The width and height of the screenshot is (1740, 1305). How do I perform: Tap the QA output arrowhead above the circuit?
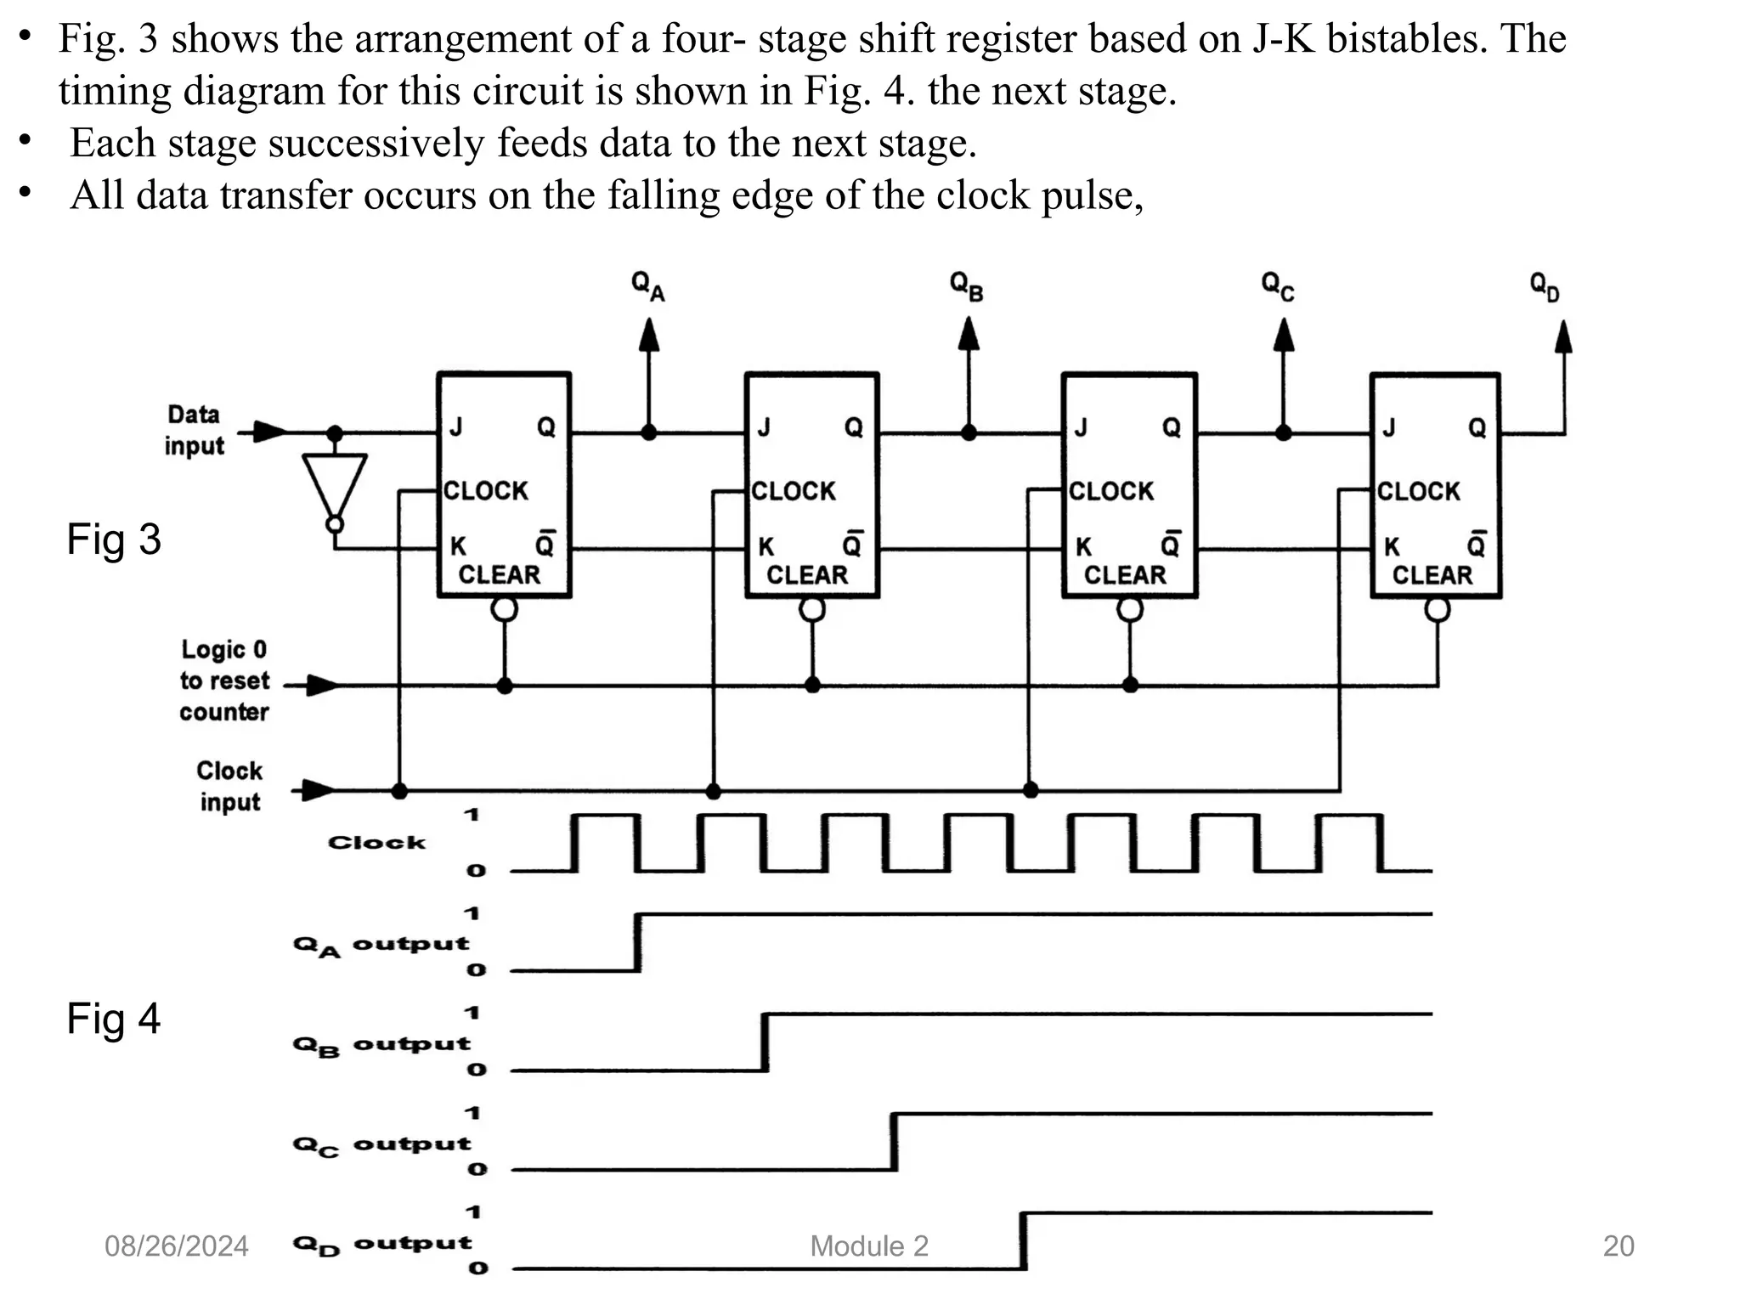click(649, 335)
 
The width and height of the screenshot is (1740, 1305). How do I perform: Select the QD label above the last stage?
click(1545, 287)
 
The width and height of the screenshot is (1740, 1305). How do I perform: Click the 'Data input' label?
click(195, 430)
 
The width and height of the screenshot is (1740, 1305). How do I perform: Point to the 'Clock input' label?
click(229, 786)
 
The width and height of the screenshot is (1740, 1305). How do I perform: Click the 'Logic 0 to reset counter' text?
click(224, 681)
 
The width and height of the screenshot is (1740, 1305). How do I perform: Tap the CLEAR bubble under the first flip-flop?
click(505, 609)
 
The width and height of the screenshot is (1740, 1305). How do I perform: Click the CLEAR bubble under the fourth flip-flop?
click(1438, 609)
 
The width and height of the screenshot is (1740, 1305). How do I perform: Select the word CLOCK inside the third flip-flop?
click(1111, 491)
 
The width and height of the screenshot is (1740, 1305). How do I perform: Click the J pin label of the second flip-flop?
click(764, 427)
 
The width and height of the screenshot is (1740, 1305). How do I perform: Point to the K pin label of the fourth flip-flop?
click(1392, 546)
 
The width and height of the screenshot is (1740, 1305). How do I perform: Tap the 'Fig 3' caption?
click(114, 540)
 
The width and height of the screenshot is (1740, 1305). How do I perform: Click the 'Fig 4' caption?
click(114, 1018)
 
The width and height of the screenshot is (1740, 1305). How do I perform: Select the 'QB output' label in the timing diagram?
click(381, 1044)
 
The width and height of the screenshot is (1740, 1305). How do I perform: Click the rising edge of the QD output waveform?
click(1024, 1240)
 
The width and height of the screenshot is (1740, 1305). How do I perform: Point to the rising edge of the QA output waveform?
click(639, 941)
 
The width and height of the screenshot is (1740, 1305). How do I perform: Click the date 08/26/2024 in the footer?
click(177, 1246)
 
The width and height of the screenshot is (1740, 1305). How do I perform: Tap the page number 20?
click(1619, 1246)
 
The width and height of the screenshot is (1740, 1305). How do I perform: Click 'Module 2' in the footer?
click(869, 1246)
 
